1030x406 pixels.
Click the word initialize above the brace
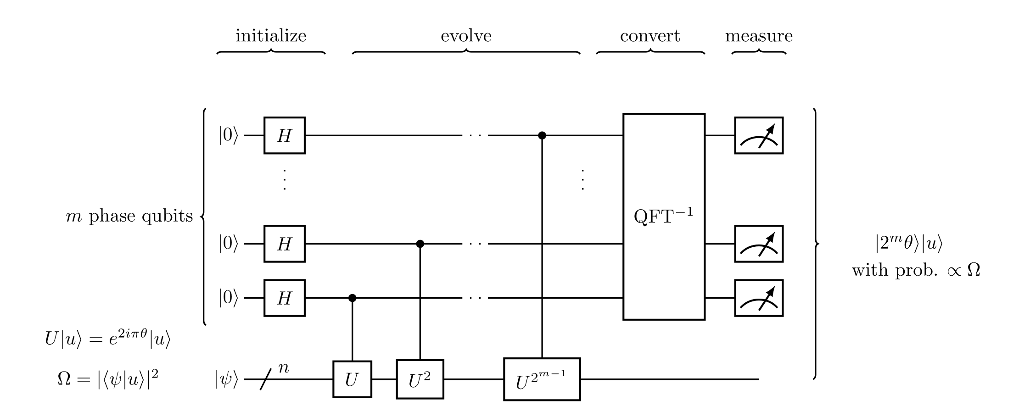tap(271, 36)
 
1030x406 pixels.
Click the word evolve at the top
tap(466, 36)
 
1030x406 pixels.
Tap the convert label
tap(650, 36)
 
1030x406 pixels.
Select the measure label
tap(759, 36)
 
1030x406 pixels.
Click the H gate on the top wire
tap(284, 135)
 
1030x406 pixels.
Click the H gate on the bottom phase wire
tap(284, 298)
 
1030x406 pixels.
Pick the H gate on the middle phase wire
tap(284, 244)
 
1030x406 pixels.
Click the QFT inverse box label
tap(663, 216)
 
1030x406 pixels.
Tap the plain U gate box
tap(352, 379)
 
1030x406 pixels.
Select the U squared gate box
tap(420, 379)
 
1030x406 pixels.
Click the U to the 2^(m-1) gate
tap(542, 379)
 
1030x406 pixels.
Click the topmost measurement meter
tap(759, 135)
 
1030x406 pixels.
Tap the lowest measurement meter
tap(759, 298)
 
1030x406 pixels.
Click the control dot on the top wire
tap(542, 135)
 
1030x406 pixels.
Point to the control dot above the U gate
tap(352, 298)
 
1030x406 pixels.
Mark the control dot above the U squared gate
tap(420, 244)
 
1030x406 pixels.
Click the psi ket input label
tap(227, 379)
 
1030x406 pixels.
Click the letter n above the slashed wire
tap(284, 367)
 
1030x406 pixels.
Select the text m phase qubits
tap(129, 216)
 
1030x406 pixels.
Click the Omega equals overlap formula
tap(108, 379)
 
